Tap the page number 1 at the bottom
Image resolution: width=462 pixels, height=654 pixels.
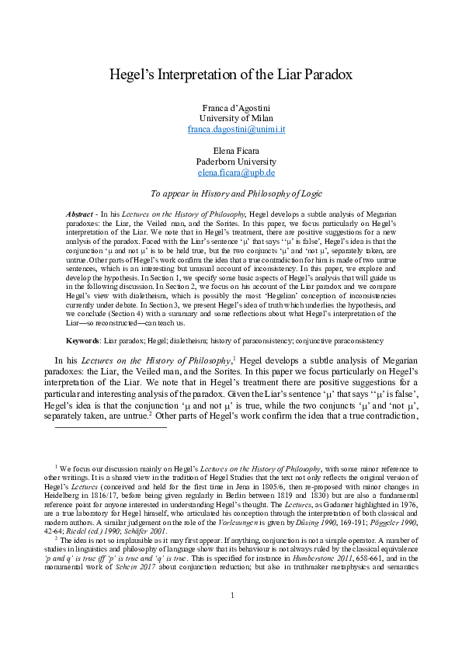pos(231,617)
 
